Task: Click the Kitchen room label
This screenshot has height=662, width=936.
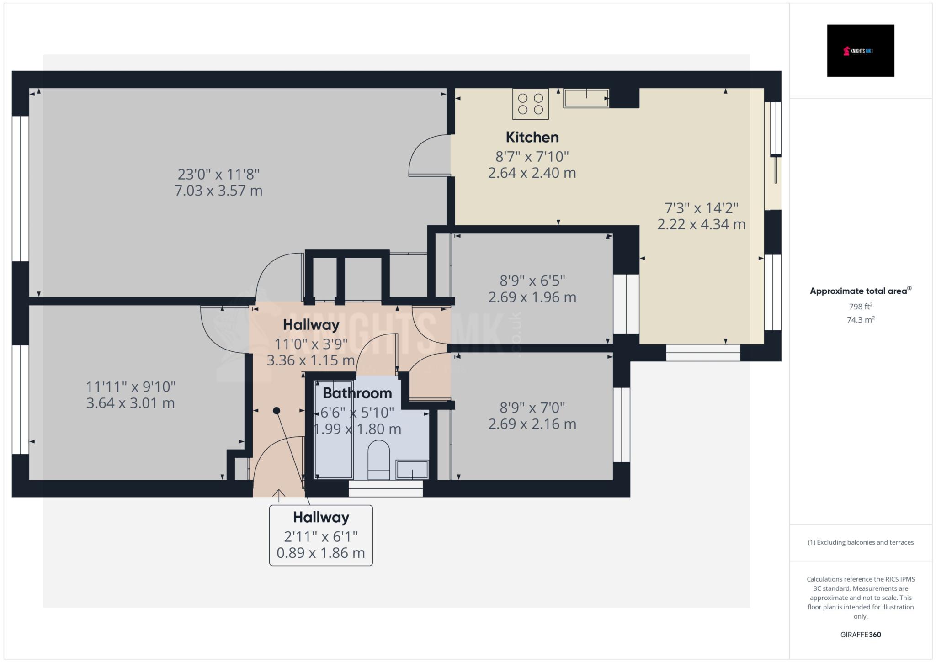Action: tap(532, 137)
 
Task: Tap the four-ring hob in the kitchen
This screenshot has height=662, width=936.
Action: tap(531, 104)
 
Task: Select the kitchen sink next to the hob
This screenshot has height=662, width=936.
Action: tap(586, 98)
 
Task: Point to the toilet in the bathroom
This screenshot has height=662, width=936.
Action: tap(378, 460)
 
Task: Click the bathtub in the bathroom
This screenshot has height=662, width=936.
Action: tap(334, 429)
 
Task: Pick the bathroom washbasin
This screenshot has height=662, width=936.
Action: tap(412, 469)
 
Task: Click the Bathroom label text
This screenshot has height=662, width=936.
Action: tap(357, 393)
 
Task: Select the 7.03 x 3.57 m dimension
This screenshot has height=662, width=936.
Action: tap(218, 191)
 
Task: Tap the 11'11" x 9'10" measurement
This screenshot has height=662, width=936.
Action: tap(131, 387)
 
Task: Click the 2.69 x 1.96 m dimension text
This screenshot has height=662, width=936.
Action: tap(532, 297)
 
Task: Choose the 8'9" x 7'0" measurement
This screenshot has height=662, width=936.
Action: tap(532, 408)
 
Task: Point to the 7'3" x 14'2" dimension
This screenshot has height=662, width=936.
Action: tap(702, 208)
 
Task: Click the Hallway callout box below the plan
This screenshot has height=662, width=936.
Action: tap(321, 535)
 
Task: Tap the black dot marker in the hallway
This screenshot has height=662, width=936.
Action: tap(277, 411)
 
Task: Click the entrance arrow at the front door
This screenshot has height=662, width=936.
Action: tap(279, 495)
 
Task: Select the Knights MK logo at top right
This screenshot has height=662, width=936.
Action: tap(861, 51)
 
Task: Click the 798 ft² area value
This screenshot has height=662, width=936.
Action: tap(861, 307)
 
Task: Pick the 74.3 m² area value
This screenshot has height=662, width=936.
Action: tap(861, 320)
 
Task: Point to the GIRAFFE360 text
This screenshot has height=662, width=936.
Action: tap(861, 635)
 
